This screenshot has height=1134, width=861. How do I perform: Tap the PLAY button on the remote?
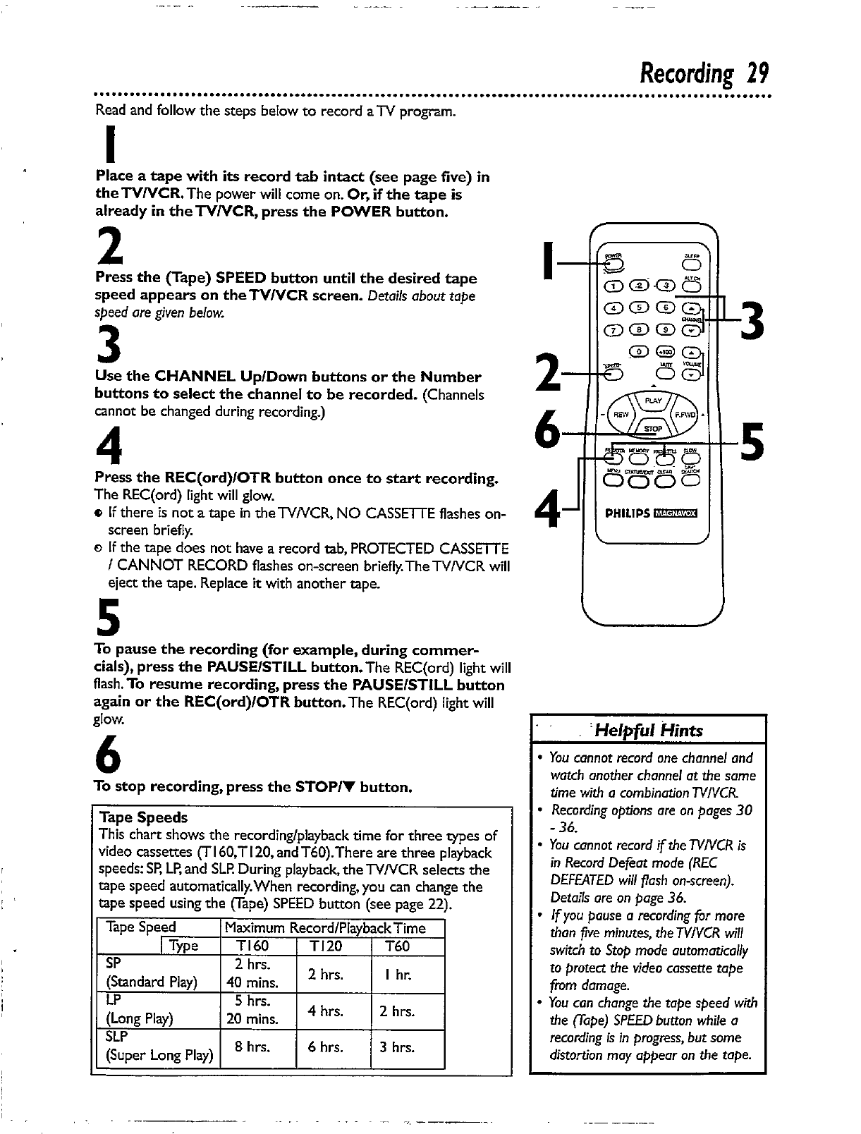tap(654, 401)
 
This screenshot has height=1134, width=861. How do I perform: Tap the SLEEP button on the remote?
tap(690, 265)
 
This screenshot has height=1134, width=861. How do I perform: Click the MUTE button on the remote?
tap(664, 374)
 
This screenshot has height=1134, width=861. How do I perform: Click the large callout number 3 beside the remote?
tap(752, 319)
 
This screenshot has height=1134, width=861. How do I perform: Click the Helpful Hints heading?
tap(649, 730)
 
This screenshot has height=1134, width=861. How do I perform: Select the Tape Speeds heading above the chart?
tap(144, 817)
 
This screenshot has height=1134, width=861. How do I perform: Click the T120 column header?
tap(325, 946)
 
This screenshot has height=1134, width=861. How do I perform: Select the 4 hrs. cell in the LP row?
tap(325, 1011)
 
